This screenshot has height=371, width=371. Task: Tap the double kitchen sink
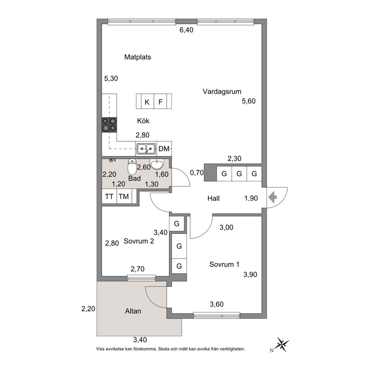point(146,148)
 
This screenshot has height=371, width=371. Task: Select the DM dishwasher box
point(164,149)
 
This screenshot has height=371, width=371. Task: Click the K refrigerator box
point(147,102)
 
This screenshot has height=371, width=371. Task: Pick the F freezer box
point(160,102)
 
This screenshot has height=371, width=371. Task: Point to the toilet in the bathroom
point(132,167)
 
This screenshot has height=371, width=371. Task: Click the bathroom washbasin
point(157,164)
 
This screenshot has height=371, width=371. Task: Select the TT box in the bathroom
point(109,196)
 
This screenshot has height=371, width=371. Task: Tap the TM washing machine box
point(124,196)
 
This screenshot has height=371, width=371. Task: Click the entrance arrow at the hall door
point(273,198)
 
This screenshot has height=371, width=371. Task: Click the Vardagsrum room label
point(222,92)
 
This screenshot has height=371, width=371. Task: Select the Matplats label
point(138,57)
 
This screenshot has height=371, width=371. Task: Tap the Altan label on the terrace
point(133,311)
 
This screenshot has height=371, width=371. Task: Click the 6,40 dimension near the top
point(186,30)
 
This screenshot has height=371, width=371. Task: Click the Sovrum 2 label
point(139,241)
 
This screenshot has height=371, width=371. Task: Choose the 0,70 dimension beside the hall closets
point(197,173)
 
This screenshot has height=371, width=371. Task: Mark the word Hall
point(213,198)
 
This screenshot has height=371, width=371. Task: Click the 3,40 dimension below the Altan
point(140,340)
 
